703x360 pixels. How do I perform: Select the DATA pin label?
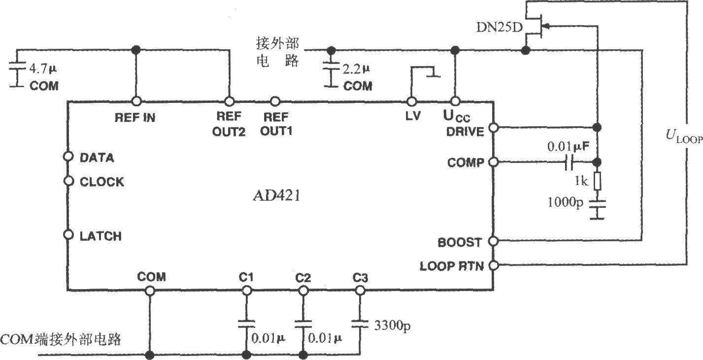pos(97,158)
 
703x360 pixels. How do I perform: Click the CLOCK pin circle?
pos(68,181)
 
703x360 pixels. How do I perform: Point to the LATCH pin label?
pos(100,236)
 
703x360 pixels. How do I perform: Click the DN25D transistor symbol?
pos(537,29)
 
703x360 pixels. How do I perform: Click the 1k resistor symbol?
pos(597,181)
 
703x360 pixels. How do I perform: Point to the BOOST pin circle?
pos(493,241)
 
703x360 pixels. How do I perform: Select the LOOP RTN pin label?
pos(452,266)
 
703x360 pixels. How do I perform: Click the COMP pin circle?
pos(493,162)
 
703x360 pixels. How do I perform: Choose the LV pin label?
pos(411,118)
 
